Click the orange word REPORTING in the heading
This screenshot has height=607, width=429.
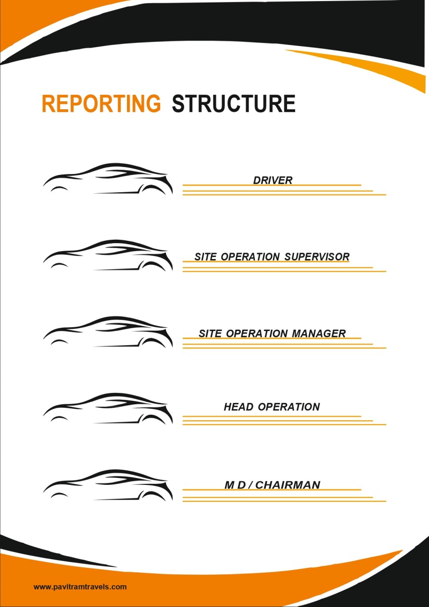pyautogui.click(x=101, y=103)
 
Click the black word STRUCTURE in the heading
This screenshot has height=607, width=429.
pyautogui.click(x=234, y=103)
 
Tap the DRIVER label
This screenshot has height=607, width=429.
pyautogui.click(x=273, y=180)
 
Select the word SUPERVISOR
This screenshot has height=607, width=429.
pyautogui.click(x=317, y=257)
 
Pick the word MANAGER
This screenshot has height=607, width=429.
pyautogui.click(x=318, y=333)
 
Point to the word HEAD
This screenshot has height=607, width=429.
pyautogui.click(x=239, y=407)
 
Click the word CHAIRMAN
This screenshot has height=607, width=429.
pyautogui.click(x=288, y=485)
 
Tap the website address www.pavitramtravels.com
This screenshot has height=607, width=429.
pyautogui.click(x=80, y=587)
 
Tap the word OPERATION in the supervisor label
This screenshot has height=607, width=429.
pyautogui.click(x=250, y=257)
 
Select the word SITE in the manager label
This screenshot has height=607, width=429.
pyautogui.click(x=210, y=333)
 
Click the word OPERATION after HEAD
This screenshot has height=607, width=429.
pyautogui.click(x=289, y=407)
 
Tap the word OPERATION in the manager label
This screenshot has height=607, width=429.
pyautogui.click(x=257, y=333)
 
